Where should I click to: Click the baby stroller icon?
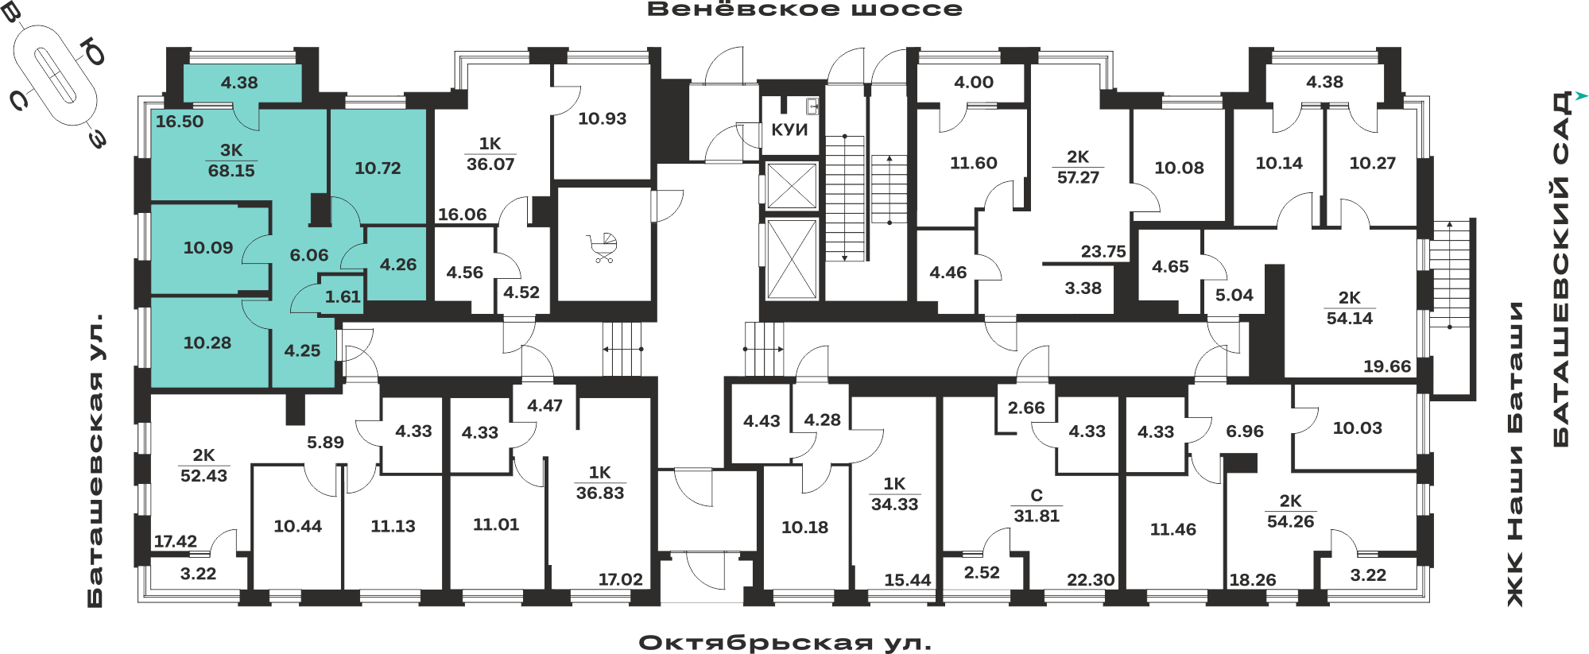602,248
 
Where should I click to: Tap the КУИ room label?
789,130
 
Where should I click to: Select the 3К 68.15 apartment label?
231,161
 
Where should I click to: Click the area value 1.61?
343,297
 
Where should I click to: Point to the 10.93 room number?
602,119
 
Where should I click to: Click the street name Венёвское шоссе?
804,10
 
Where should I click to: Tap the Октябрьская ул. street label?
785,642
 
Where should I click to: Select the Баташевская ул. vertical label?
95,461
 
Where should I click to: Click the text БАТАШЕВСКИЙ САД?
1561,269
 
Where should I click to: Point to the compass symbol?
56,75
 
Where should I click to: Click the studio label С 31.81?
1037,506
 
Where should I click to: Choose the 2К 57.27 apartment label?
1078,168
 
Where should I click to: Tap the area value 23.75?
1103,252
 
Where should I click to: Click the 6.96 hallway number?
1245,431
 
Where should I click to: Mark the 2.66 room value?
1026,408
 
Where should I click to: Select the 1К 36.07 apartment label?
490,154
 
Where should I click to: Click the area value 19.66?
1387,366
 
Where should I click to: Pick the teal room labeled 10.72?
378,168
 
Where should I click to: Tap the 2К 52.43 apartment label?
203,466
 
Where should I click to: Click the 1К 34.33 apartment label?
894,494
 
